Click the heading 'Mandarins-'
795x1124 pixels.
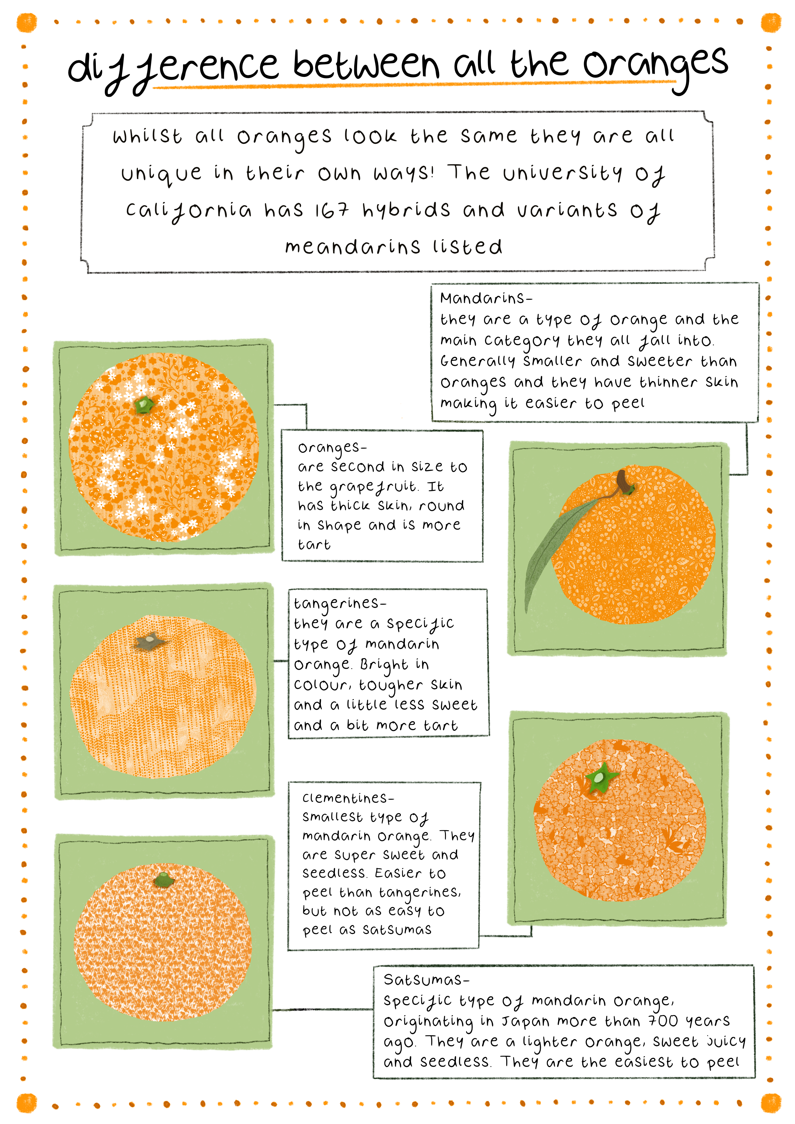(x=486, y=298)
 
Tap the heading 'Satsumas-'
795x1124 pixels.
(x=426, y=979)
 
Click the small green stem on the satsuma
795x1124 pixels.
(x=163, y=880)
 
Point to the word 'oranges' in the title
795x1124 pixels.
(x=656, y=65)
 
